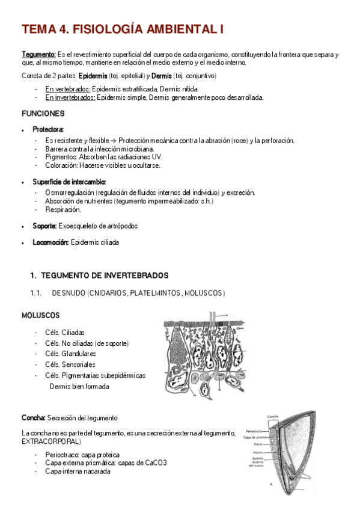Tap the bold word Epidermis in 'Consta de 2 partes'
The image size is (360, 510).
pyautogui.click(x=94, y=76)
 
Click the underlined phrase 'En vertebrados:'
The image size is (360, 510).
pyautogui.click(x=67, y=89)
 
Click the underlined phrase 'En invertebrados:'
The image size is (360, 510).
pyautogui.click(x=70, y=97)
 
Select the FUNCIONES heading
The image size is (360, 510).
pyautogui.click(x=43, y=114)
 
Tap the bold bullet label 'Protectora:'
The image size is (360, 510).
pyautogui.click(x=48, y=129)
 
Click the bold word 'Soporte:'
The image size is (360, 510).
pyautogui.click(x=45, y=226)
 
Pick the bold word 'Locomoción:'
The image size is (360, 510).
pyautogui.click(x=51, y=242)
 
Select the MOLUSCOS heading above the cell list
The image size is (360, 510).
pyautogui.click(x=41, y=315)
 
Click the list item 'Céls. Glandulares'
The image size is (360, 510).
pyautogui.click(x=70, y=354)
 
